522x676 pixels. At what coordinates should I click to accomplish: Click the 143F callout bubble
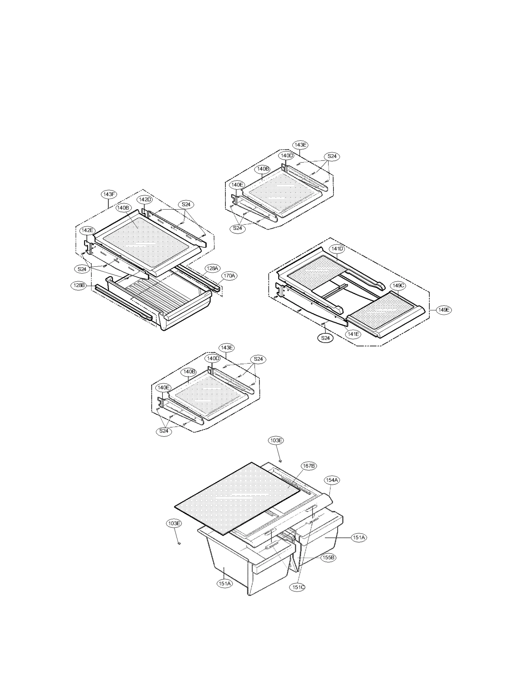pos(109,194)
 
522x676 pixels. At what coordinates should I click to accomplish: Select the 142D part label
pos(145,199)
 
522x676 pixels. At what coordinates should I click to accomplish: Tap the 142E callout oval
pos(87,230)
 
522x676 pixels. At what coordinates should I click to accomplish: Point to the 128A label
pos(212,268)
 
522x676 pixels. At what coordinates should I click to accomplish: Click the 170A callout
pos(229,276)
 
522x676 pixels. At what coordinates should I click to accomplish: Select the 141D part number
pos(337,249)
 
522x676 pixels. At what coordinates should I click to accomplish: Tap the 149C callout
pos(398,286)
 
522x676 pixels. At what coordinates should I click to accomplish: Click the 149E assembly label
pos(444,310)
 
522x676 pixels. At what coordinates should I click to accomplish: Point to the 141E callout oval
pos(353,334)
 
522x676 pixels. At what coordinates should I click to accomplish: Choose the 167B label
pos(309,466)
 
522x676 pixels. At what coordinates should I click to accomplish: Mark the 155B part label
pos(328,558)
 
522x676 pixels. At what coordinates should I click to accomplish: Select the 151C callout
pos(298,587)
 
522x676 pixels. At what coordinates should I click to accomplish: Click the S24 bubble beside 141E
pos(325,338)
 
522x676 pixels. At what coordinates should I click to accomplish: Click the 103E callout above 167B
pos(276,440)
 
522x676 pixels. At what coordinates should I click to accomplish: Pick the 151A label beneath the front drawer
pos(225,584)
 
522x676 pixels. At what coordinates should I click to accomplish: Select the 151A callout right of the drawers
pos(359,537)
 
